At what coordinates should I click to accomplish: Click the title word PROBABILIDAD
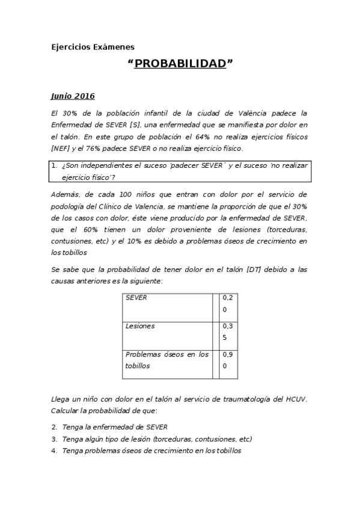[180, 64]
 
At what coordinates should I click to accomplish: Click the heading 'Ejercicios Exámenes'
[93, 46]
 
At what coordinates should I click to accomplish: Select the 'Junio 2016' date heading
[72, 96]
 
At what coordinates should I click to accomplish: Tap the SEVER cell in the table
[136, 298]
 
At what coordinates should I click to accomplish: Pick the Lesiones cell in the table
[140, 326]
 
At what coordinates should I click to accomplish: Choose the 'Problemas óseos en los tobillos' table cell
[166, 360]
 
